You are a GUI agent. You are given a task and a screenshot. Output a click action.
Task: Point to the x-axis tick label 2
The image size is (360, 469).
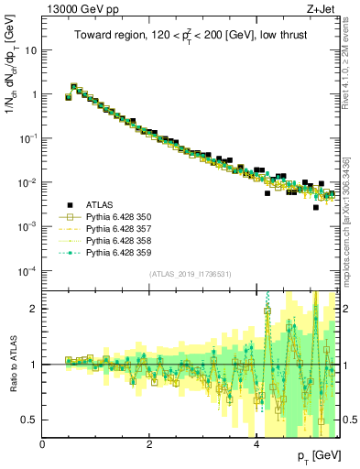150,443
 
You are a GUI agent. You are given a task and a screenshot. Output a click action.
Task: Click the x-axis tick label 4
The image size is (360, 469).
257,443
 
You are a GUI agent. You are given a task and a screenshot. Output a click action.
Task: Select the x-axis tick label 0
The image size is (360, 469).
43,443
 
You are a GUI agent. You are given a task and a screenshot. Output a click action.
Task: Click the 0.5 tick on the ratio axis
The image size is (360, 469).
30,420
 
